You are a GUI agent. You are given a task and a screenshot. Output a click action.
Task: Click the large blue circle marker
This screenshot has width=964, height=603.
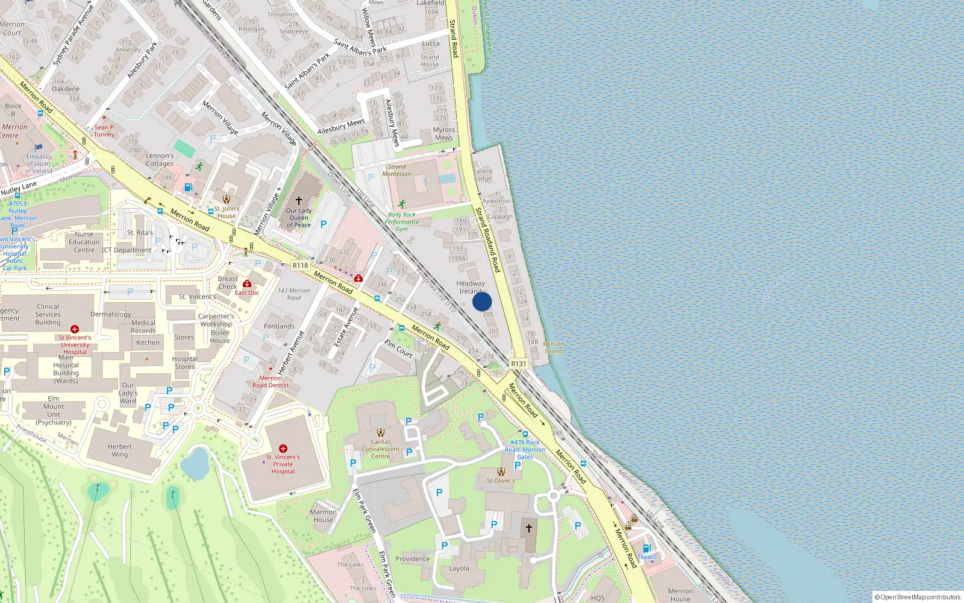click(x=482, y=301)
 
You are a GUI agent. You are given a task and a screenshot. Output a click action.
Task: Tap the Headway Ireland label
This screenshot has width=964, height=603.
click(x=471, y=287)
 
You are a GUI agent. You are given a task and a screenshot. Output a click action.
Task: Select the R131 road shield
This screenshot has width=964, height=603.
click(x=518, y=364)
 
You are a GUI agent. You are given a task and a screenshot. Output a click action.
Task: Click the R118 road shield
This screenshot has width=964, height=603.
click(x=300, y=265)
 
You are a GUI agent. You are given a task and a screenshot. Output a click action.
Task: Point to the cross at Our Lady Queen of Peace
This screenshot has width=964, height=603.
click(x=299, y=200)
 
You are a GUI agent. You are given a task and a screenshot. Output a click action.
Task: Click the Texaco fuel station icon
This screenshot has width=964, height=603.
click(x=646, y=548)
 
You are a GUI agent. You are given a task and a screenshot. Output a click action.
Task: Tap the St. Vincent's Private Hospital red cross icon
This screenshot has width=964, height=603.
click(x=283, y=449)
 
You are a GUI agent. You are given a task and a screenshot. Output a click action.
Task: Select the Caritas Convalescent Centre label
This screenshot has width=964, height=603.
click(x=381, y=449)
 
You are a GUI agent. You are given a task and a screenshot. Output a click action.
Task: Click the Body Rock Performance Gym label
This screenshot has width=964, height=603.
click(x=402, y=222)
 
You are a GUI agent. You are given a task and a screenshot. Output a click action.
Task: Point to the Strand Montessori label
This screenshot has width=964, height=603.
click(x=397, y=170)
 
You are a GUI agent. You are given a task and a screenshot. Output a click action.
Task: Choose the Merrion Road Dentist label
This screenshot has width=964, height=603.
click(x=271, y=382)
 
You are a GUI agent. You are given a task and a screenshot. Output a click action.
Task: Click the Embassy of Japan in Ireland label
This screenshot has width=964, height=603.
click(x=39, y=163)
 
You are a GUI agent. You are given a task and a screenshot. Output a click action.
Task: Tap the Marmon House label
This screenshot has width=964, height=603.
click(x=323, y=516)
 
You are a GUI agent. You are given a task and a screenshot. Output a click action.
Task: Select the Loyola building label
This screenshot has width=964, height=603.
click(x=459, y=569)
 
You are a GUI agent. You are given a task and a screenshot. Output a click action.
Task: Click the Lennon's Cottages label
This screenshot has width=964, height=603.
click(x=160, y=160)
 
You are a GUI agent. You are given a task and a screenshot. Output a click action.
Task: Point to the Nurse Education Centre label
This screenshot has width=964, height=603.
click(x=84, y=242)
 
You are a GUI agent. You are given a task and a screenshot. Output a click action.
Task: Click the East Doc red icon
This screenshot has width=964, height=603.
click(x=247, y=283)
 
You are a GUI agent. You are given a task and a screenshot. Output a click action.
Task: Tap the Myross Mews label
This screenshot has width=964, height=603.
click(x=444, y=133)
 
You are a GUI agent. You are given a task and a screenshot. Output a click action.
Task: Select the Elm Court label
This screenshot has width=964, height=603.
click(x=398, y=349)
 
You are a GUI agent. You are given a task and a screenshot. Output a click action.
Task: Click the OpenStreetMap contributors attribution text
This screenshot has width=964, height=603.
click(x=919, y=597)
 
